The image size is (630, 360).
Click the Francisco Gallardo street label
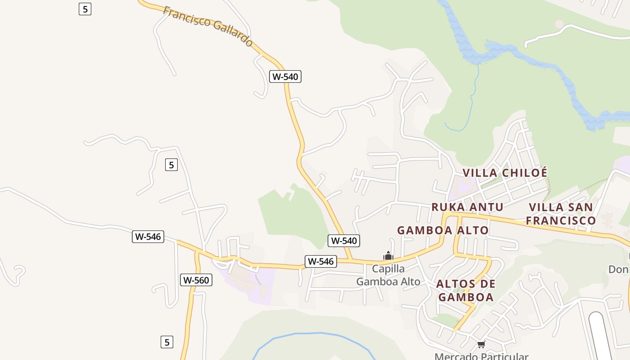208,26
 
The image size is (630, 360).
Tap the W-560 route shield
197,280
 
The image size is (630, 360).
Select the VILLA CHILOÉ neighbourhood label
505,173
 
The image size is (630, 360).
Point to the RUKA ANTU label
467,207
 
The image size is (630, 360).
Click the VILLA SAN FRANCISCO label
561,214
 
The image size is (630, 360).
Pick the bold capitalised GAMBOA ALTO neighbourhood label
443,230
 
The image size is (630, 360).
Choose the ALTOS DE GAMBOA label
466,290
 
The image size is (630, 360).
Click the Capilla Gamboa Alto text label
388,275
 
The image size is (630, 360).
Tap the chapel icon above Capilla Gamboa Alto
388,256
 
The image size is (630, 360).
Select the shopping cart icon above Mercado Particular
481,345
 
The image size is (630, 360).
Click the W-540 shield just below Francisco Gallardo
285,76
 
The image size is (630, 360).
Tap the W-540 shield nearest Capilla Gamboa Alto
344,241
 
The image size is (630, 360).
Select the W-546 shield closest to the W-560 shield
148,237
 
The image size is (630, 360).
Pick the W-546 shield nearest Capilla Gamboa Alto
320,261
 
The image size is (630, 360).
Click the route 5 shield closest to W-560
167,342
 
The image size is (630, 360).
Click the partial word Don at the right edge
618,269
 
